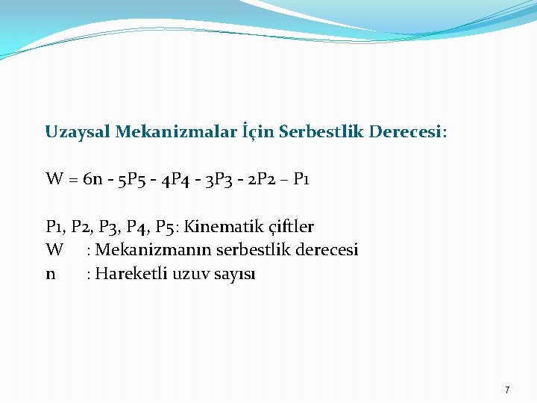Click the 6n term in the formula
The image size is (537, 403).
tap(93, 179)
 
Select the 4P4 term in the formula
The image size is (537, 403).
tap(176, 179)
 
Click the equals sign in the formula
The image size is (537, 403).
tap(74, 179)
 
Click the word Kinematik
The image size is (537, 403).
tap(220, 226)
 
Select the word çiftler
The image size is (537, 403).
tap(287, 226)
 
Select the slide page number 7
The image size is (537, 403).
tap(507, 390)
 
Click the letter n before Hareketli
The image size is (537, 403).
tap(50, 274)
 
